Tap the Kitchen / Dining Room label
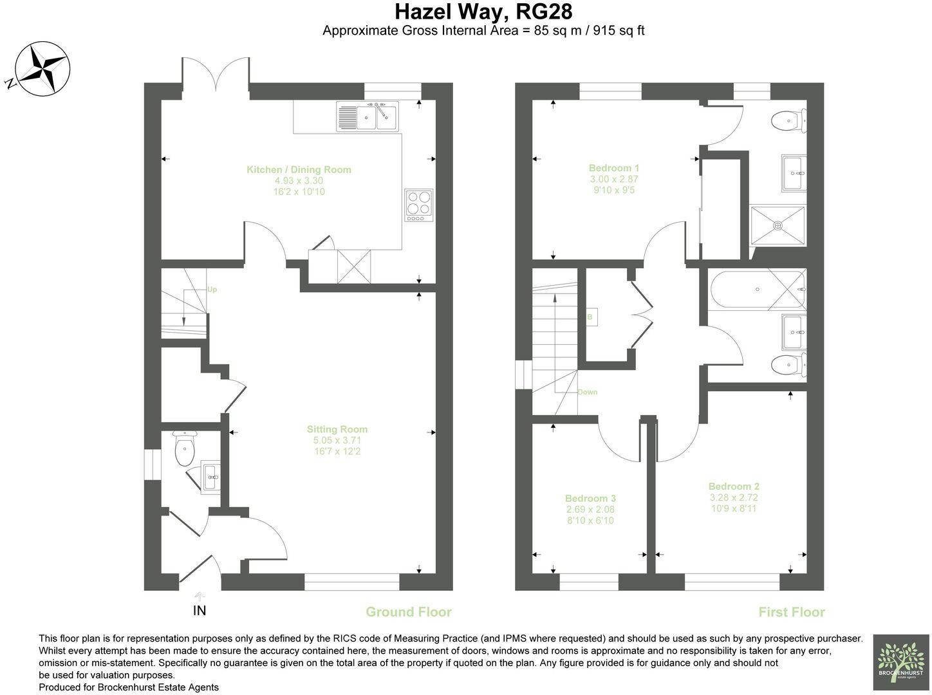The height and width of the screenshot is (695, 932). click(x=299, y=170)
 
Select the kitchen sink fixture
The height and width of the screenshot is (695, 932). click(x=368, y=116)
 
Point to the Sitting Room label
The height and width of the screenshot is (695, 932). click(x=337, y=429)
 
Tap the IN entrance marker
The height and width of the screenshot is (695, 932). click(x=200, y=610)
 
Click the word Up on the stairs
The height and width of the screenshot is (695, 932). click(x=212, y=290)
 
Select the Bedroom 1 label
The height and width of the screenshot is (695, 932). click(x=613, y=169)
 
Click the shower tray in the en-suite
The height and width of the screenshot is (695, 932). click(x=778, y=225)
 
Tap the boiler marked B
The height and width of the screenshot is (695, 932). click(x=590, y=317)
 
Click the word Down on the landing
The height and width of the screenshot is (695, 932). click(x=587, y=392)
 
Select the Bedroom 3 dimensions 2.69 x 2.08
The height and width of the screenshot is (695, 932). click(x=590, y=509)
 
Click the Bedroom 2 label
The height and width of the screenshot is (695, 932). click(x=734, y=486)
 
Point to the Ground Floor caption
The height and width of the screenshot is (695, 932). click(x=409, y=612)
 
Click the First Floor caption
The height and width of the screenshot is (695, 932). click(x=791, y=612)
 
